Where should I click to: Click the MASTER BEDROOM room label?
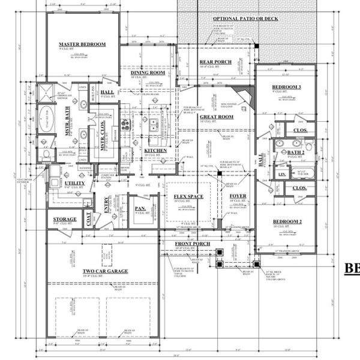tap(82, 44)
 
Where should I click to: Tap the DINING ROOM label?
tap(148, 73)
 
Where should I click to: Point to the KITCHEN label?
tap(155, 151)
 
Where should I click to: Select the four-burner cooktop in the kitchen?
tap(126, 125)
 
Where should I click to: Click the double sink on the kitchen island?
tap(154, 125)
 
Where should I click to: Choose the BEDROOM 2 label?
tap(286, 223)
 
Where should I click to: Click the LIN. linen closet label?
tap(281, 175)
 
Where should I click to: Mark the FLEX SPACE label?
tap(189, 197)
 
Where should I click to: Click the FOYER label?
tap(238, 196)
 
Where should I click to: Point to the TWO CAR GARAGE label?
tap(106, 271)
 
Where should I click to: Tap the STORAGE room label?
tap(65, 220)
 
